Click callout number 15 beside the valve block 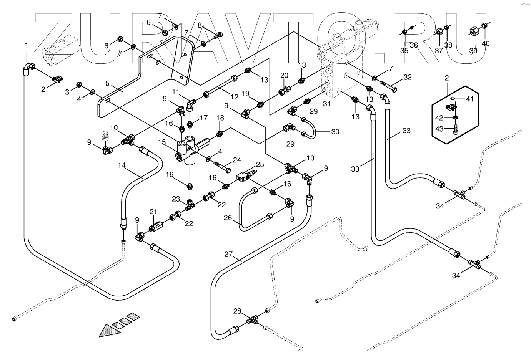(x=162, y=142)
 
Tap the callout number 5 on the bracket (x=108, y=83)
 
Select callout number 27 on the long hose (x=228, y=255)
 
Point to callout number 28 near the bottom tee (x=237, y=311)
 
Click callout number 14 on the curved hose (x=122, y=165)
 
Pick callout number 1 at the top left (x=27, y=45)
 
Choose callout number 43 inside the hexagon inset (x=439, y=129)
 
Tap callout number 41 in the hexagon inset (x=469, y=99)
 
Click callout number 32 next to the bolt (x=408, y=77)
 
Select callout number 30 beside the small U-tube (x=335, y=132)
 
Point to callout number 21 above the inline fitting (x=153, y=212)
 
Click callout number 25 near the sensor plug (x=260, y=164)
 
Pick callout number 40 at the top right (x=486, y=43)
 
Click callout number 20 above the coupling (x=284, y=75)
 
